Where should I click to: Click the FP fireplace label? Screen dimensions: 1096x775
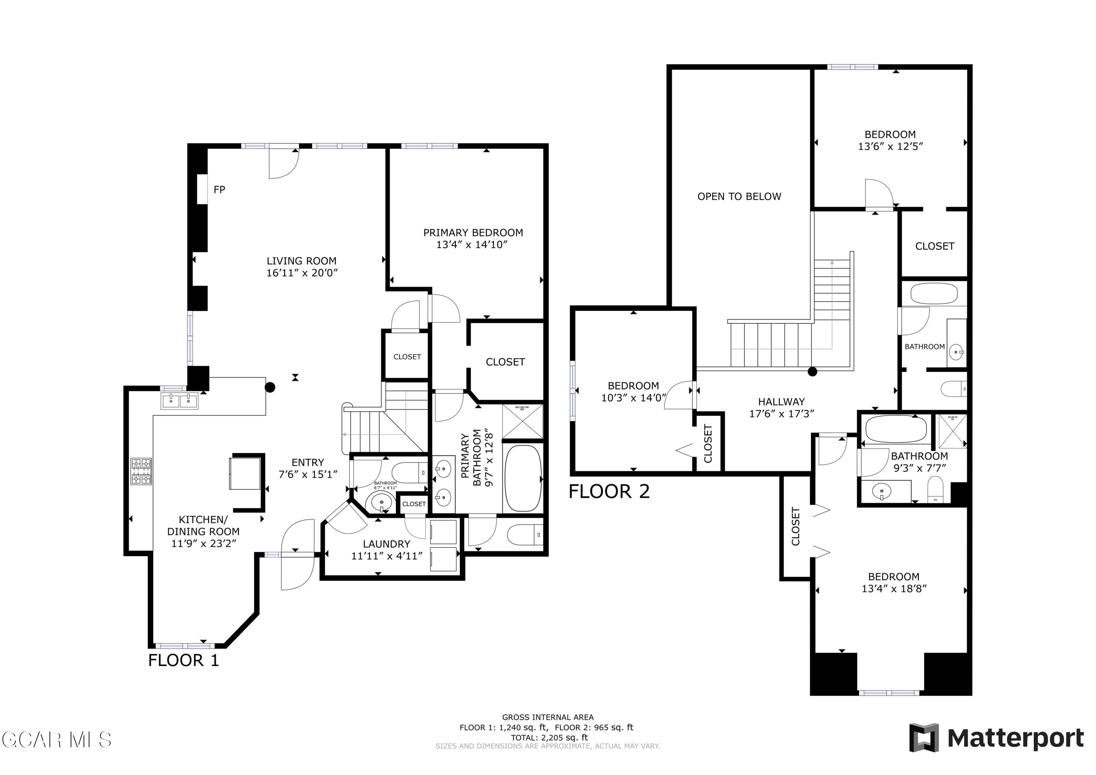[219, 190]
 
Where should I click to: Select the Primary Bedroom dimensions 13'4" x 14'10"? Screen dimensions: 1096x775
[472, 244]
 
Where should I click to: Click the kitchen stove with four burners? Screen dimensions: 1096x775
[141, 471]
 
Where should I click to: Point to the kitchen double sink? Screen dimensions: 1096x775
[180, 401]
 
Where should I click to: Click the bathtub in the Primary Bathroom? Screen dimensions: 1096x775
[523, 478]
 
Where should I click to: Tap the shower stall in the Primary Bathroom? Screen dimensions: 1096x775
[523, 421]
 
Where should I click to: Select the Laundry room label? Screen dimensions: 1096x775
[387, 544]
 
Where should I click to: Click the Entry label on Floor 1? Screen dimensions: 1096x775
[308, 462]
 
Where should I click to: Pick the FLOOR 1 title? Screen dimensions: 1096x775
[183, 660]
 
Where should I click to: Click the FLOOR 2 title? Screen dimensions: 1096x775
[609, 491]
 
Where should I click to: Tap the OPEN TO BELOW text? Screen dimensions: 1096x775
[739, 196]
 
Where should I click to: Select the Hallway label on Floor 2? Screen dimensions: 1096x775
[781, 402]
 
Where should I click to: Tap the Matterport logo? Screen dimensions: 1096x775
[996, 738]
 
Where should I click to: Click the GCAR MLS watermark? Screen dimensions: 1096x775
[56, 740]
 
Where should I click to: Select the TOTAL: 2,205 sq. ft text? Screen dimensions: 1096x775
[549, 738]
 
